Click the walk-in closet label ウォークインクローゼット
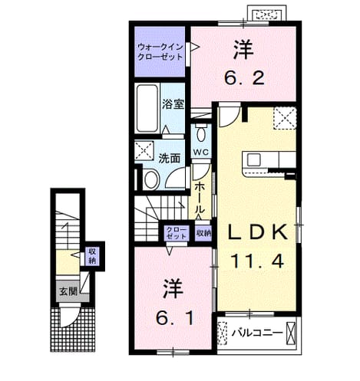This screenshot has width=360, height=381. (x=160, y=52)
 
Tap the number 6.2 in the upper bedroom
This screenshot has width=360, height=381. (x=244, y=78)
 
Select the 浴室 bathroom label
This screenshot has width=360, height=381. (x=173, y=103)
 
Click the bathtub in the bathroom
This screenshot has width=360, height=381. (x=147, y=108)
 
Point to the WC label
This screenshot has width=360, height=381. (x=201, y=153)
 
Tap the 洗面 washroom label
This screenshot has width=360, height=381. (x=169, y=159)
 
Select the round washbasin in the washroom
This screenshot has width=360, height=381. (x=151, y=180)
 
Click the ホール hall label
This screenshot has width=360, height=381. (x=200, y=198)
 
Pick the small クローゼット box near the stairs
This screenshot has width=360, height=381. (x=176, y=233)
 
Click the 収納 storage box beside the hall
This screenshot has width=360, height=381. (x=203, y=233)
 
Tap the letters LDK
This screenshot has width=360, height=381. (x=257, y=232)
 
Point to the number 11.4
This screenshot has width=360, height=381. (x=257, y=261)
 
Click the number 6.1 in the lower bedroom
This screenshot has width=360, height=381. (x=175, y=318)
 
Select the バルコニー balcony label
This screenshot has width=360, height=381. (x=257, y=333)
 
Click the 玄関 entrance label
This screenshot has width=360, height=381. (x=68, y=291)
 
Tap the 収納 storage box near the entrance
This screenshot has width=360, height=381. (x=92, y=256)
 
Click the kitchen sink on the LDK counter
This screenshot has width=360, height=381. (x=253, y=160)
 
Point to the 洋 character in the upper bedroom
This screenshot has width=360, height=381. (x=243, y=51)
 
